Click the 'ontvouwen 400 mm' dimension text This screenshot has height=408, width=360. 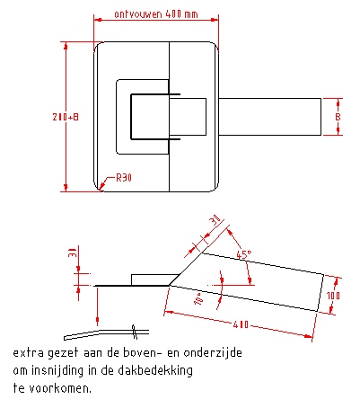[156, 14]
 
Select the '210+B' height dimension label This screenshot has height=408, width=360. [66, 117]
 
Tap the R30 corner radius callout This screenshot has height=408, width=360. [124, 178]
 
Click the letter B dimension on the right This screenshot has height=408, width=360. [338, 117]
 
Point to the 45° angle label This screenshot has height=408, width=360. [244, 255]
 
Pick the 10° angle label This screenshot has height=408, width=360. [199, 299]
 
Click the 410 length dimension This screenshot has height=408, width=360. [241, 324]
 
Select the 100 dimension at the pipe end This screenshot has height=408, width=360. [333, 296]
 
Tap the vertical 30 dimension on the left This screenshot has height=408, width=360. [73, 253]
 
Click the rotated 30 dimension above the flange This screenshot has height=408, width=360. [215, 220]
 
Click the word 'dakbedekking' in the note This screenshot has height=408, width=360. [155, 371]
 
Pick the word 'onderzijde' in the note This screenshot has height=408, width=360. [213, 353]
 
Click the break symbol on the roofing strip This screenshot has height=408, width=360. [135, 332]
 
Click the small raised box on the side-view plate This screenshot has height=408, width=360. [155, 279]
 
